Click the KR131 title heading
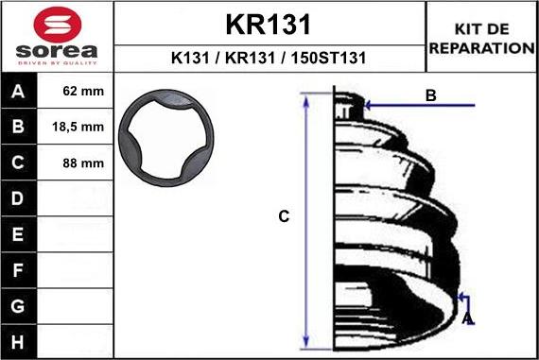click(x=269, y=24)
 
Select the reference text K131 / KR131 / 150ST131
click(x=269, y=58)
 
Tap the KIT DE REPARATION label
click(x=481, y=39)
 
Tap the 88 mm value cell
click(x=84, y=163)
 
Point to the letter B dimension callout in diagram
click(x=430, y=94)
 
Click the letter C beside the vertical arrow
click(x=283, y=216)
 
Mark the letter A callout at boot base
click(x=467, y=319)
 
